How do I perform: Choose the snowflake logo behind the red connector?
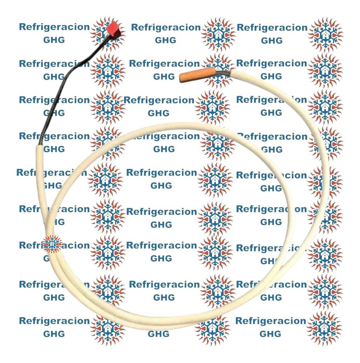(108, 33)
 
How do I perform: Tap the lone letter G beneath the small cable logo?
(46, 258)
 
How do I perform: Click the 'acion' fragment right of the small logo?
(76, 245)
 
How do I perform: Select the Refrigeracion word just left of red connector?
(54, 27)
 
